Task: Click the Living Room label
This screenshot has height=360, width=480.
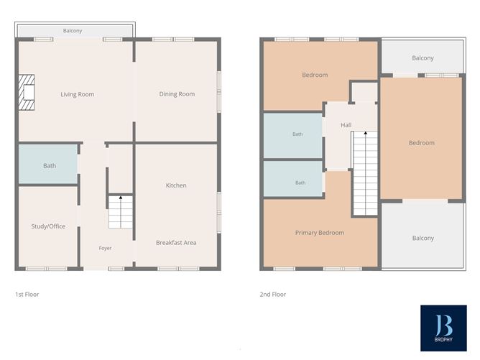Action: click(77, 94)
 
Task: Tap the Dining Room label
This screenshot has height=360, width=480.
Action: click(177, 94)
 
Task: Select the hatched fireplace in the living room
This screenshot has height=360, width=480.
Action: click(27, 93)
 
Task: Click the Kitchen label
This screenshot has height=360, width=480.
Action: click(176, 185)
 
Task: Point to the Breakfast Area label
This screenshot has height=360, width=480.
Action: click(176, 243)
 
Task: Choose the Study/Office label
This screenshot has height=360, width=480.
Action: click(48, 226)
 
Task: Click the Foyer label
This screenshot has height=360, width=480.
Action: click(105, 248)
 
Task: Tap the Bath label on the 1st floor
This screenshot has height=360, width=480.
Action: click(50, 165)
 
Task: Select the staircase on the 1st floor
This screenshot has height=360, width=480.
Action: click(121, 212)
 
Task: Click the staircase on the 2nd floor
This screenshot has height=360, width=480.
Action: click(365, 173)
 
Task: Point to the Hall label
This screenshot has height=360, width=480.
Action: click(346, 125)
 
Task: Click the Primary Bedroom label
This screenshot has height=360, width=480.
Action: click(320, 233)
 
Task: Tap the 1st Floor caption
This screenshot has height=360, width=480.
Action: click(27, 295)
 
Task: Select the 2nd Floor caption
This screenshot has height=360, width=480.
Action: click(273, 295)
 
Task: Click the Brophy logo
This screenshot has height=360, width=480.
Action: click(443, 328)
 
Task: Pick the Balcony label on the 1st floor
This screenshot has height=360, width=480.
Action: click(73, 31)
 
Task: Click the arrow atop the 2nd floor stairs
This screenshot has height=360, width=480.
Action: click(365, 133)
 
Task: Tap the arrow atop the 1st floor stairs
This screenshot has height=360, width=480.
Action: click(121, 198)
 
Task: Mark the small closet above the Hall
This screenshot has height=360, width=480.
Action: click(364, 92)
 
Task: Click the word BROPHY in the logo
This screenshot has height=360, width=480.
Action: click(443, 339)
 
